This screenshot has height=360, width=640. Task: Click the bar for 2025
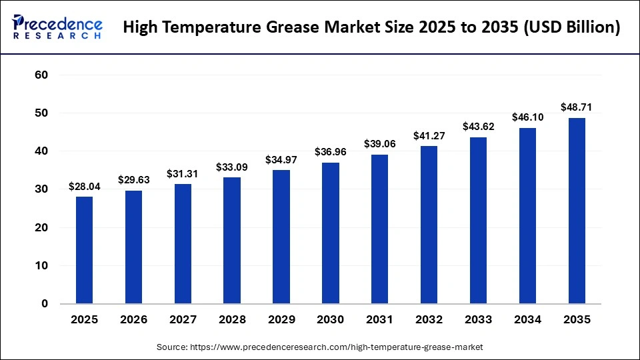[84, 250]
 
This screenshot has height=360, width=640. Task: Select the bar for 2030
[330, 233]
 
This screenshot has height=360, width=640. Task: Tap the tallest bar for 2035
[577, 211]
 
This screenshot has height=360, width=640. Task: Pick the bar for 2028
[232, 240]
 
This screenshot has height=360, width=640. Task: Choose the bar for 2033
[478, 220]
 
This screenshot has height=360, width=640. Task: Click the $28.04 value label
[84, 187]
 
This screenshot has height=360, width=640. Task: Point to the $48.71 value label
[577, 107]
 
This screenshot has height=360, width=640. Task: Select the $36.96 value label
[330, 153]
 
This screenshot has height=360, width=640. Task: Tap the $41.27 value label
[429, 136]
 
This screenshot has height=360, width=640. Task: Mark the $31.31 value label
[183, 174]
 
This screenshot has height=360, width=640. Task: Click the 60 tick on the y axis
[41, 75]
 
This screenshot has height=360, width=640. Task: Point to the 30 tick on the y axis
[41, 189]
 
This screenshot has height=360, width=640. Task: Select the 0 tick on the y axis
[45, 304]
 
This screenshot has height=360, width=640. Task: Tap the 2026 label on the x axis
[133, 320]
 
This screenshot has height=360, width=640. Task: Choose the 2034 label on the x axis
[527, 320]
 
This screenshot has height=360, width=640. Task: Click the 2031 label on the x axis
[379, 320]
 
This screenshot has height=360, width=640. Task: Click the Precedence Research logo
[57, 27]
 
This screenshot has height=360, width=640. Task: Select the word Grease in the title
[314, 28]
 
